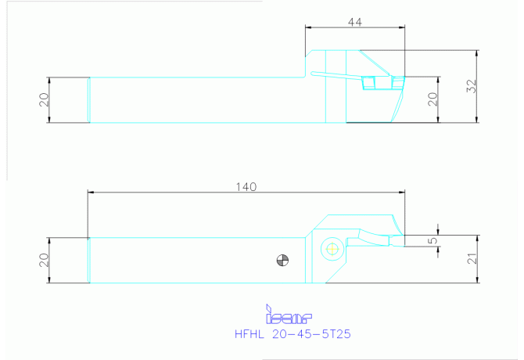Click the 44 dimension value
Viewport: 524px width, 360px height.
354,22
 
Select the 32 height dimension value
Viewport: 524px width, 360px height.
471,86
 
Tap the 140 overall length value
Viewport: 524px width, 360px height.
246,187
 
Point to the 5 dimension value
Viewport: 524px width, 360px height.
433,241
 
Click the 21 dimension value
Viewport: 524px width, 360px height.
472,259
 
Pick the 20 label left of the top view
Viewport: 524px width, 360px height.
44,99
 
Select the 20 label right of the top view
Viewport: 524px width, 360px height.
432,99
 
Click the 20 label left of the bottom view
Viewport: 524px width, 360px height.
44,260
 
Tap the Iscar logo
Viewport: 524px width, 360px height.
289,314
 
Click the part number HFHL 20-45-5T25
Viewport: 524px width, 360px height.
293,334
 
